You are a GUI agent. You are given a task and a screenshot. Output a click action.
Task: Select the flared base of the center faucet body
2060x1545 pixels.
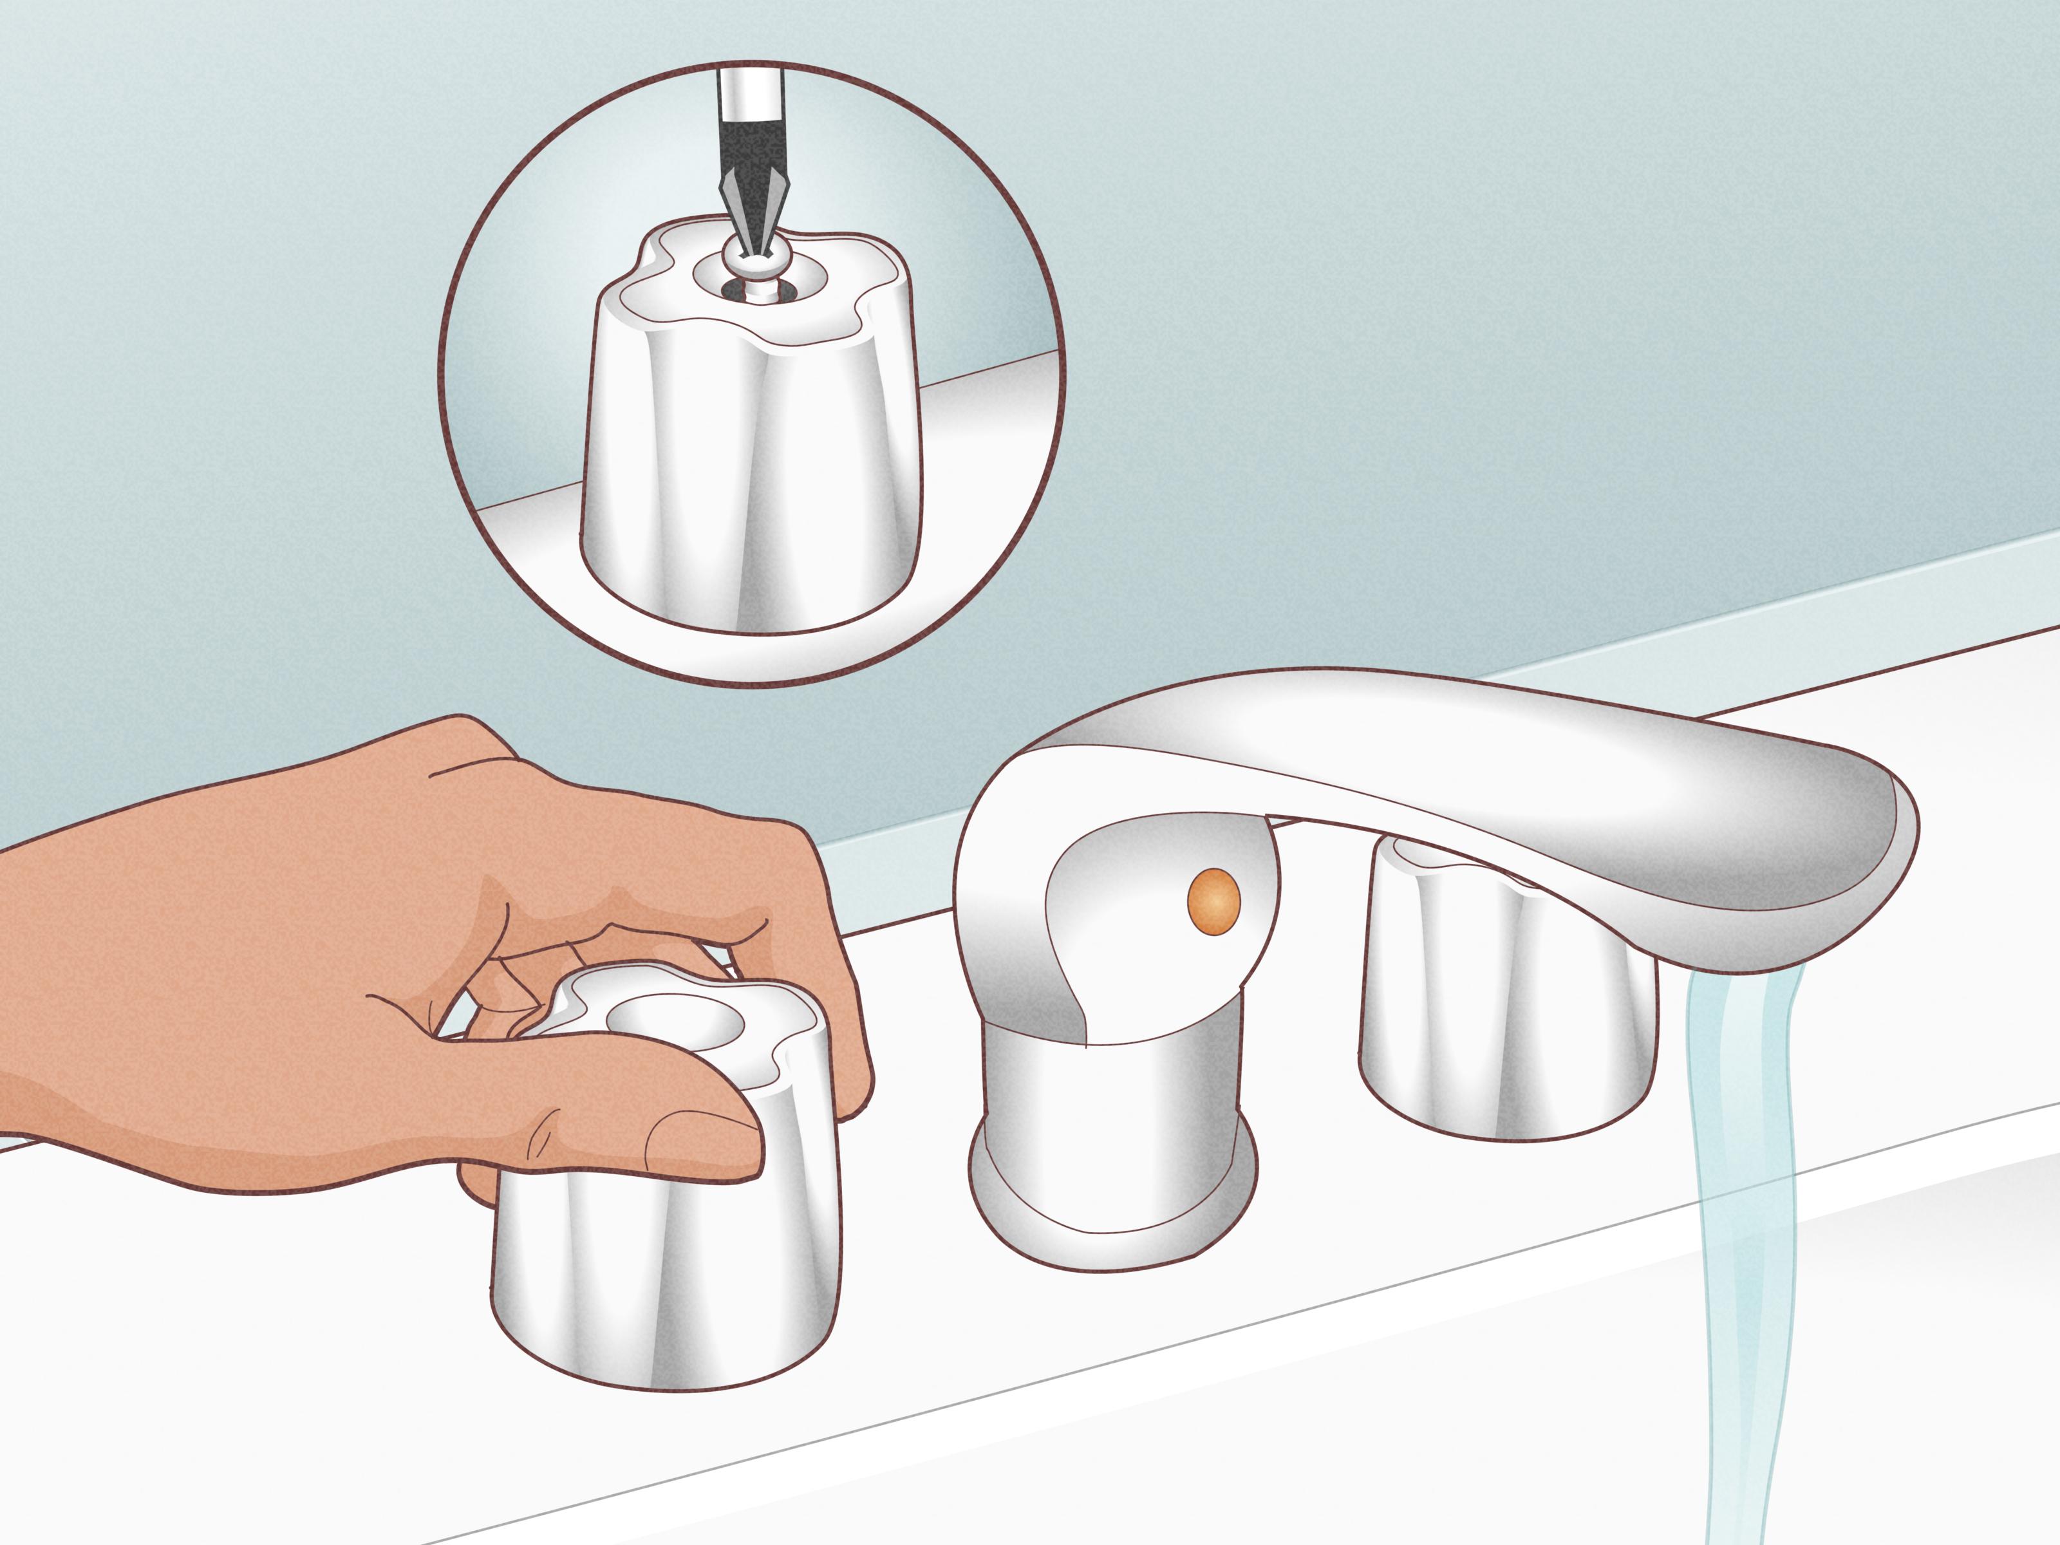click(x=1113, y=1201)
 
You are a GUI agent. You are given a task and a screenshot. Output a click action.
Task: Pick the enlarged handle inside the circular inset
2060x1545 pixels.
click(x=754, y=465)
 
